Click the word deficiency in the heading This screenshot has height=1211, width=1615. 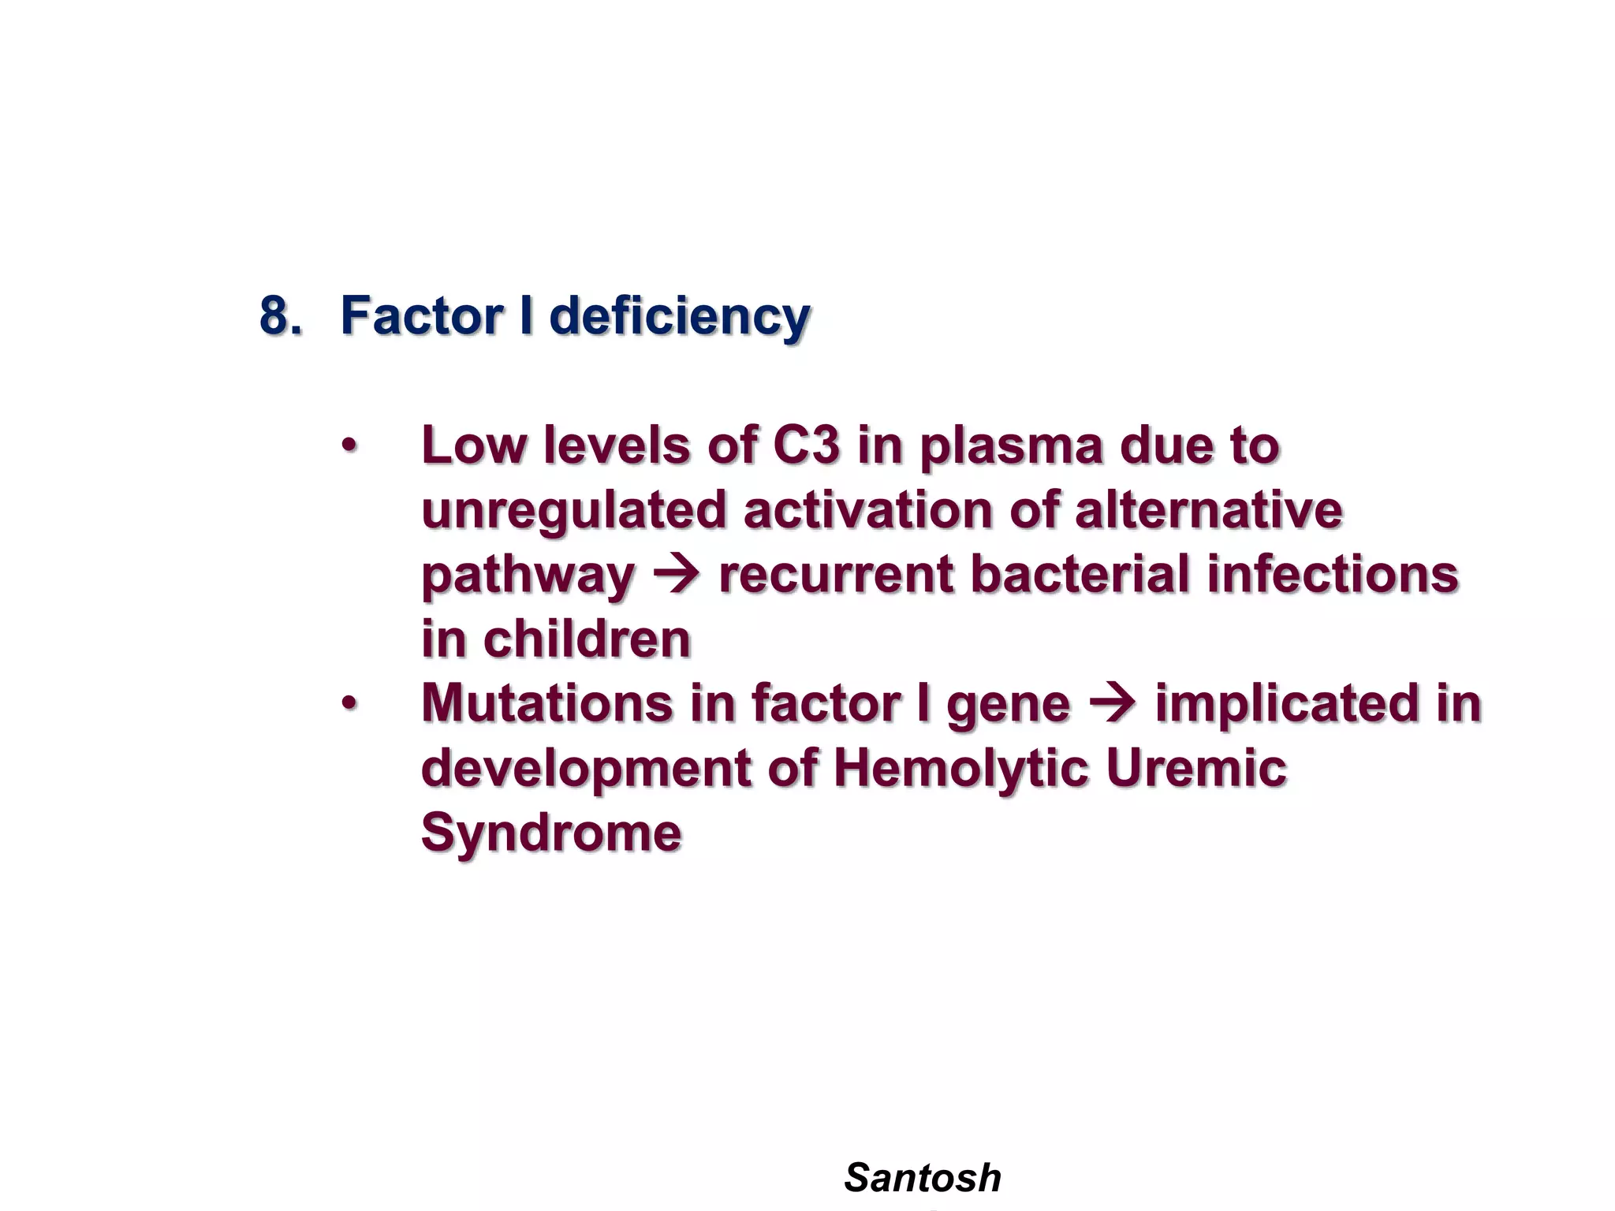click(679, 317)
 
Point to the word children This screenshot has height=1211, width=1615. click(587, 639)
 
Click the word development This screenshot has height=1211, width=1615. click(585, 769)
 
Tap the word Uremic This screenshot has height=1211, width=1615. click(1196, 768)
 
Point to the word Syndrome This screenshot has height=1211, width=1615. click(551, 833)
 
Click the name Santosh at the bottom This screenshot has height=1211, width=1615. click(922, 1178)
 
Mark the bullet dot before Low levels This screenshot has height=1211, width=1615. click(349, 446)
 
